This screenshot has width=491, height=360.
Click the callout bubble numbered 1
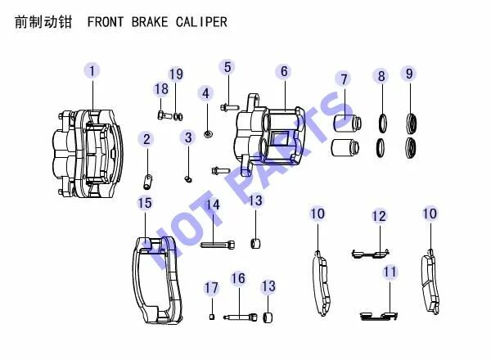[x=92, y=71]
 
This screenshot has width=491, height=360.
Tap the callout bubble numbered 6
[x=284, y=71]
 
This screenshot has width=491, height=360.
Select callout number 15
[x=144, y=203]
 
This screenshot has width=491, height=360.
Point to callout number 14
[x=212, y=205]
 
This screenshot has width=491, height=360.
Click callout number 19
[x=176, y=74]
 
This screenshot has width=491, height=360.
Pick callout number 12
[x=378, y=216]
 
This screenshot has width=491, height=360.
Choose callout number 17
[x=212, y=287]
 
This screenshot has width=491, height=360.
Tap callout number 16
[x=238, y=279]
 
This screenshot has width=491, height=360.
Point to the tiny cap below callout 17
[x=212, y=317]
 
